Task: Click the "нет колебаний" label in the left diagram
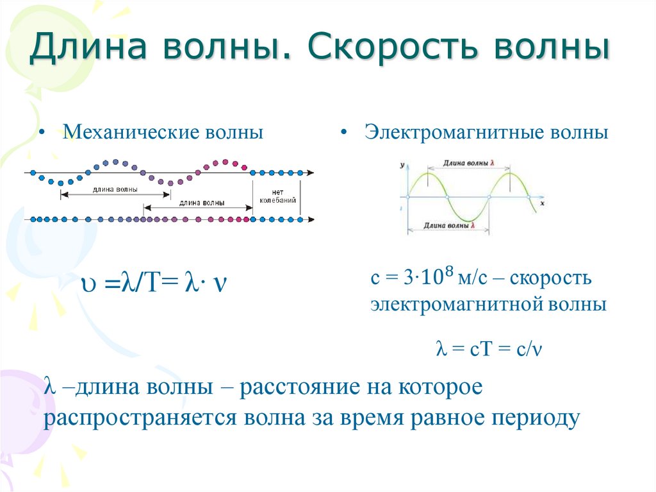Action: (277, 196)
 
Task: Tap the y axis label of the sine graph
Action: (402, 165)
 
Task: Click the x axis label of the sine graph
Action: (542, 203)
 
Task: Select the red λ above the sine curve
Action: (492, 164)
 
